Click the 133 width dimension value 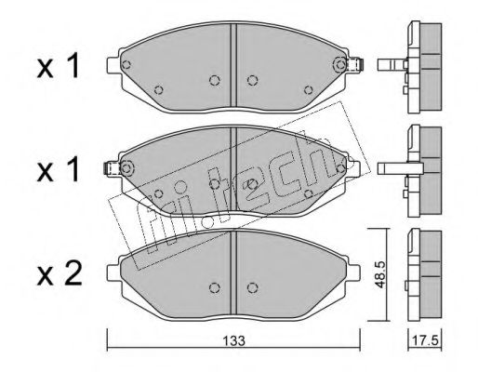point(234,341)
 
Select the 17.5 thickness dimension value point(425,341)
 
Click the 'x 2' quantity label point(60,273)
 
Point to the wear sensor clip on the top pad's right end point(355,65)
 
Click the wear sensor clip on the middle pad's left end point(111,168)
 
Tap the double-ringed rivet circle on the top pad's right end point(340,65)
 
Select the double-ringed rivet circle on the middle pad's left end point(126,168)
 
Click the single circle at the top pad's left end point(126,65)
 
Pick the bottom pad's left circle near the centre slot point(215,288)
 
